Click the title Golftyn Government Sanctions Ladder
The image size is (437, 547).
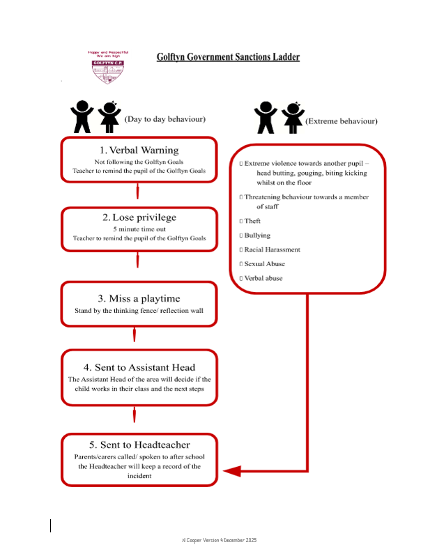click(x=228, y=56)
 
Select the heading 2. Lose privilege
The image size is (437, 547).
click(x=139, y=217)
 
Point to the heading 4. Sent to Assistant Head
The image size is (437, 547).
click(x=139, y=367)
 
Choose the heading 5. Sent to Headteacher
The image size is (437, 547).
click(x=139, y=445)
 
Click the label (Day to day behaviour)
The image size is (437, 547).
click(x=164, y=119)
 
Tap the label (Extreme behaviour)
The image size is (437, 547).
click(x=342, y=121)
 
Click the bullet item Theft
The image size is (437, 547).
click(x=252, y=221)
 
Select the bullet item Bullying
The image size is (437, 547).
click(x=256, y=236)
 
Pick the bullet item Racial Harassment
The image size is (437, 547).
click(x=272, y=249)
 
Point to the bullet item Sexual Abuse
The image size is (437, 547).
click(x=264, y=264)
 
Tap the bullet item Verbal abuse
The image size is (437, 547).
click(x=263, y=278)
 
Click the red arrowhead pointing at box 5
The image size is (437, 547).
click(x=232, y=471)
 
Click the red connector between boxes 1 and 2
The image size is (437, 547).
click(x=138, y=191)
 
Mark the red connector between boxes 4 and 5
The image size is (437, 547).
click(x=135, y=415)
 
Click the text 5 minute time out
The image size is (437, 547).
click(x=139, y=229)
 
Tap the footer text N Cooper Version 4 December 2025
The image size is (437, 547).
click(x=218, y=540)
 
